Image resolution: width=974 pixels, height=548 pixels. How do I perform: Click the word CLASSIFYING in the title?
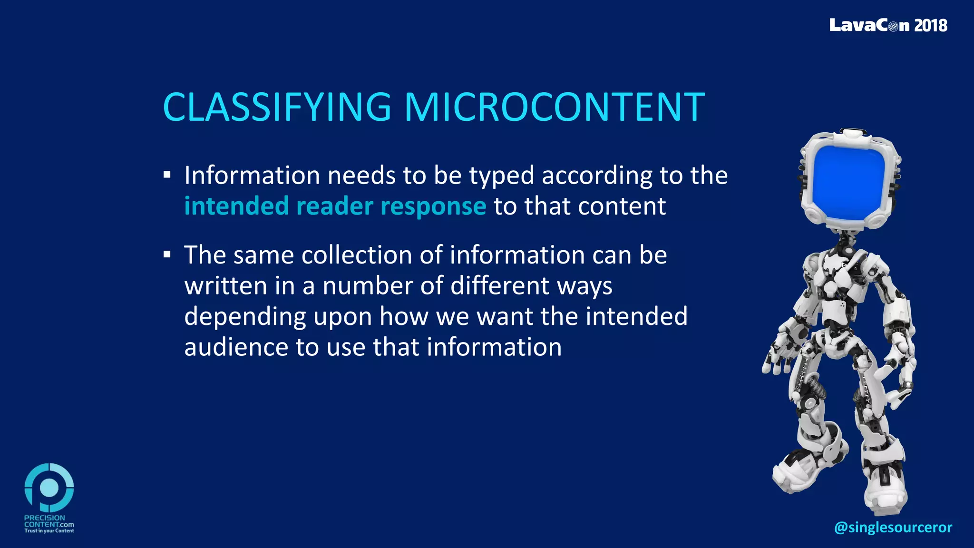click(x=277, y=107)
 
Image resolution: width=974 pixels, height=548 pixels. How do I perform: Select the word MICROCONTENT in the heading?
click(x=555, y=107)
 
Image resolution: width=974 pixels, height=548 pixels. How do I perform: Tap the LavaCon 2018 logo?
click(x=888, y=25)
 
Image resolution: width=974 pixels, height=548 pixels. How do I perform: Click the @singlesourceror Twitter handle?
click(x=893, y=527)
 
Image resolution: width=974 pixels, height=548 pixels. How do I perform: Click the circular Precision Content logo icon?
click(x=49, y=488)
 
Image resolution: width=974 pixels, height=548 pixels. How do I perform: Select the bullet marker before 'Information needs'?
click(x=167, y=175)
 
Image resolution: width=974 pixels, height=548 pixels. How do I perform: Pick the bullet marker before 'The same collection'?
click(x=167, y=254)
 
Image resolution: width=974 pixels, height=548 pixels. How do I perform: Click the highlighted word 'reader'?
click(x=334, y=206)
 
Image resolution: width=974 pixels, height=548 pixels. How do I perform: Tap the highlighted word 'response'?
click(x=433, y=206)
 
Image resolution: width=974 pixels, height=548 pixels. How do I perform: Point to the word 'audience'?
click(x=236, y=347)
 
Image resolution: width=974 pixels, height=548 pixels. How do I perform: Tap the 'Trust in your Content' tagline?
click(x=49, y=531)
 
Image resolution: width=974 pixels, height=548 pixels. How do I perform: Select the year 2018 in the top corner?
click(x=931, y=25)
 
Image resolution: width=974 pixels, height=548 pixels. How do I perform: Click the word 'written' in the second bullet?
click(x=226, y=286)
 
